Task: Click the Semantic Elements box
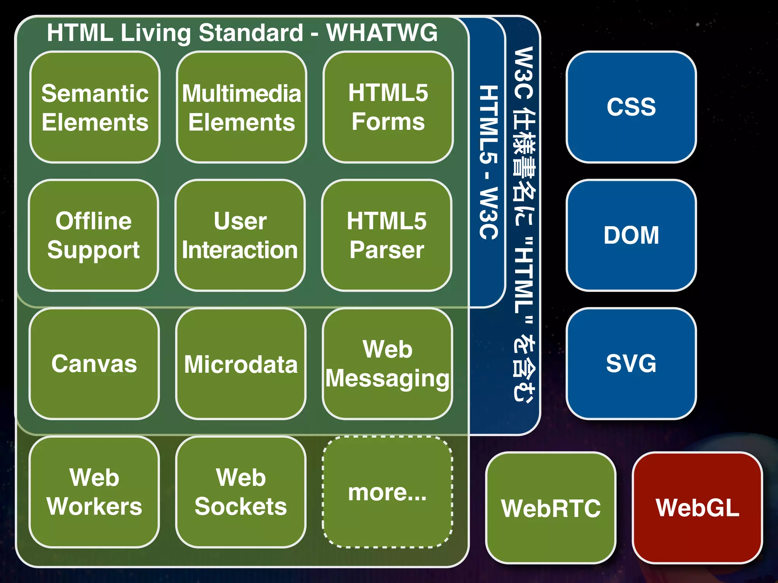pyautogui.click(x=95, y=107)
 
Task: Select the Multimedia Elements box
pyautogui.click(x=241, y=107)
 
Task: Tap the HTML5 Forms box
pyautogui.click(x=388, y=107)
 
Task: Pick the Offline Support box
pyautogui.click(x=93, y=235)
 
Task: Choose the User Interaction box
pyautogui.click(x=240, y=235)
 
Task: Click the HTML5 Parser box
pyautogui.click(x=387, y=235)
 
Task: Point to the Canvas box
pyautogui.click(x=94, y=364)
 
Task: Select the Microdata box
pyautogui.click(x=241, y=364)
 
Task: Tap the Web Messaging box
pyautogui.click(x=387, y=364)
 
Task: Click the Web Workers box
pyautogui.click(x=94, y=492)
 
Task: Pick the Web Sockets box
pyautogui.click(x=241, y=492)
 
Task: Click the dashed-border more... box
pyautogui.click(x=387, y=492)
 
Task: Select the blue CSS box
pyautogui.click(x=631, y=107)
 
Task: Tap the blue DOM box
pyautogui.click(x=631, y=235)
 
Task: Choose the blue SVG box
pyautogui.click(x=631, y=364)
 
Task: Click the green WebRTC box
pyautogui.click(x=550, y=508)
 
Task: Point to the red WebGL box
pyautogui.click(x=697, y=508)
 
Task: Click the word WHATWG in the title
pyautogui.click(x=382, y=33)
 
